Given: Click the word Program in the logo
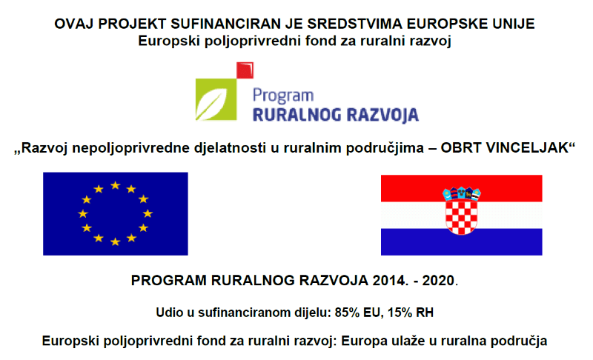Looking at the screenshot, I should point(283,96).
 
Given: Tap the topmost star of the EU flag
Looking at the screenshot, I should point(115,185).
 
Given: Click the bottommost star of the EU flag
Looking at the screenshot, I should point(115,241).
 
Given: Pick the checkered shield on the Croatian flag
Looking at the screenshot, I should point(461,216).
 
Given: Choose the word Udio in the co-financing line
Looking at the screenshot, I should point(169,312).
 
